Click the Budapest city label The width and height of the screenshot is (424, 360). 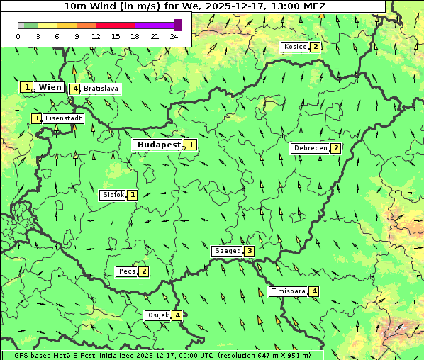point(159,145)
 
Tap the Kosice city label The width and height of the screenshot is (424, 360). point(294,47)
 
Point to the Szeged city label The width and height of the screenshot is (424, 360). point(227,251)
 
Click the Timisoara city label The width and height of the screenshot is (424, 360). point(288,291)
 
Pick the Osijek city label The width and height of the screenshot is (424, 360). point(157,315)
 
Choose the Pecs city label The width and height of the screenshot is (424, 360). point(127,271)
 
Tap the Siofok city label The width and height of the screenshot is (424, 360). point(113,195)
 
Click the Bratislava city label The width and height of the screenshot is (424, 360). point(100,89)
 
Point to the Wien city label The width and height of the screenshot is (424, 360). point(50,87)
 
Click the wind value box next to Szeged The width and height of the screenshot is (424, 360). point(249,251)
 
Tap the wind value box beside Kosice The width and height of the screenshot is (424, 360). point(315,47)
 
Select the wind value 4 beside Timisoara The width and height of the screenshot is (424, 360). point(314,291)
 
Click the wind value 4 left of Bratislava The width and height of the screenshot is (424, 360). point(75,89)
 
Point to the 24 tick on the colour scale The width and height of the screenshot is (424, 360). point(174,36)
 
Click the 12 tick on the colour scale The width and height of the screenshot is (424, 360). point(96,36)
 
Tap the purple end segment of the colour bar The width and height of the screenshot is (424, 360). point(177,25)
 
